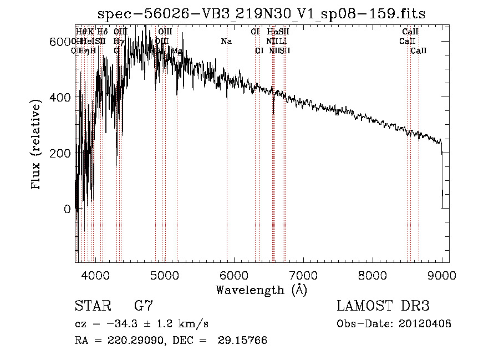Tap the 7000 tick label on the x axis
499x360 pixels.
coord(303,275)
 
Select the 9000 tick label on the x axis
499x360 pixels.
coord(442,275)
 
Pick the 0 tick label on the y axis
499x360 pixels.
coord(68,209)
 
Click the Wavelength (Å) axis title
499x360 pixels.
coord(261,290)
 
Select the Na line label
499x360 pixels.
coord(226,42)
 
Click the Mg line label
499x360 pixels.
coord(177,51)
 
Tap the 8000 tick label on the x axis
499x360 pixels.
coord(373,275)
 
